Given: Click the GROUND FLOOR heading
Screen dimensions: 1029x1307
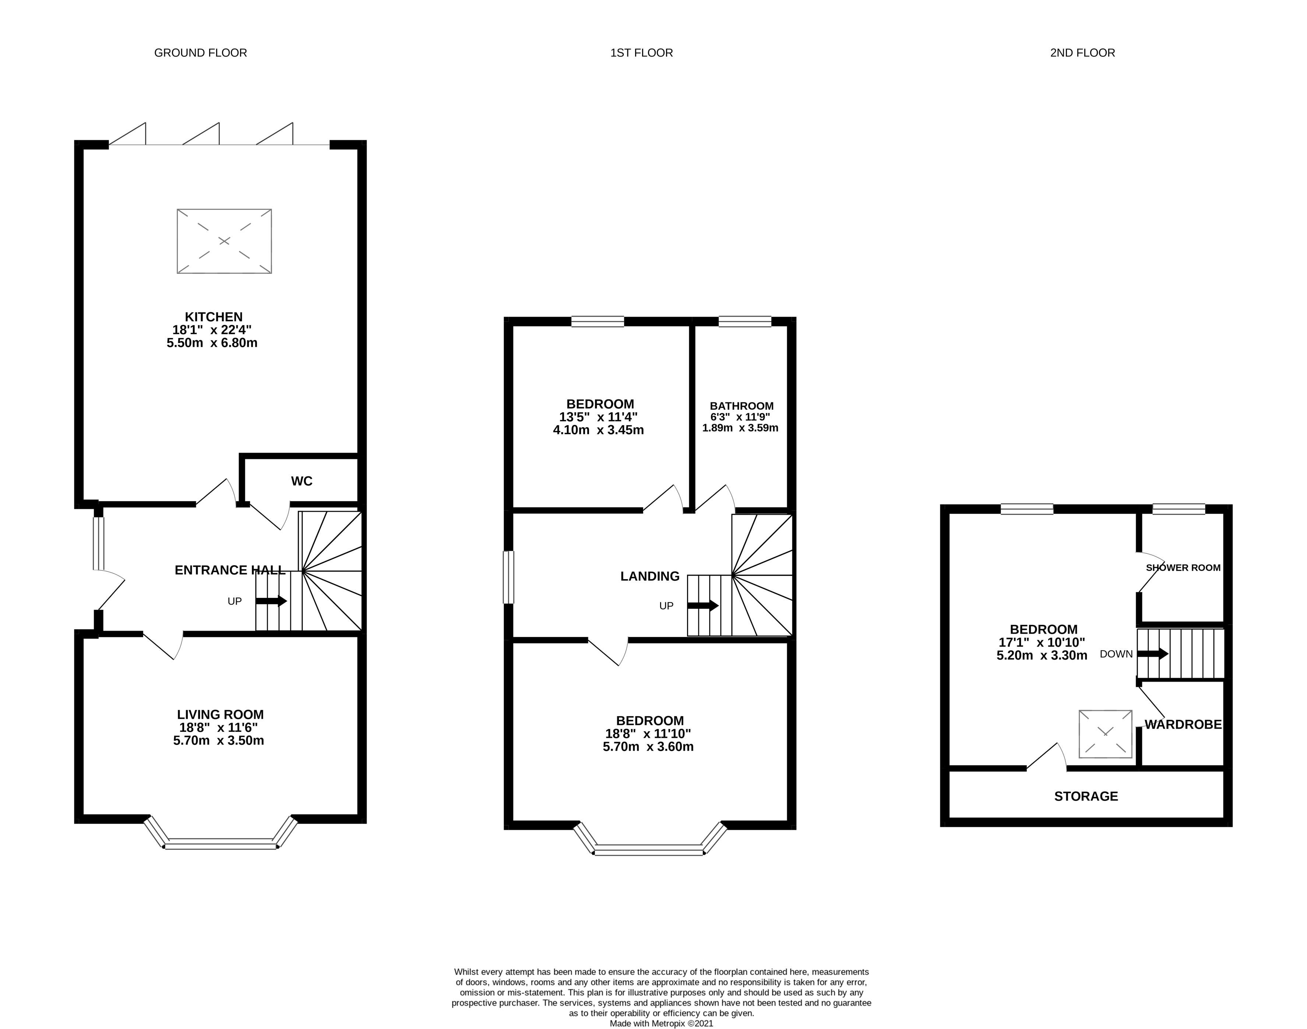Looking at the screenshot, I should click(x=201, y=53).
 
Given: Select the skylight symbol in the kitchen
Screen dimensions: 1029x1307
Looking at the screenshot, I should click(x=224, y=241).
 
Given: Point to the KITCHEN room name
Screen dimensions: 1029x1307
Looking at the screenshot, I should click(x=213, y=317).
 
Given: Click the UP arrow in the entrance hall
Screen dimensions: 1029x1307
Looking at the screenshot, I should click(x=271, y=601).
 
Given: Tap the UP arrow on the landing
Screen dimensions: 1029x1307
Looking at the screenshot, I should click(x=703, y=606).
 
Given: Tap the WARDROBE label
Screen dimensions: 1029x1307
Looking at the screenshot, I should click(x=1182, y=725).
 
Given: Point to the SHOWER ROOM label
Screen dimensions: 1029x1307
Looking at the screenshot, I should click(x=1182, y=568).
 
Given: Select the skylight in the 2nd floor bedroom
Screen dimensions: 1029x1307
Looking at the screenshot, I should click(x=1105, y=734).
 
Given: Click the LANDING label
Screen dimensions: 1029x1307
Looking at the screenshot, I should click(x=649, y=577).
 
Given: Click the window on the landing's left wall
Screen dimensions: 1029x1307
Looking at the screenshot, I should click(x=508, y=577).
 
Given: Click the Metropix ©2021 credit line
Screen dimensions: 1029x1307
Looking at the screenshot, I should click(x=661, y=1023).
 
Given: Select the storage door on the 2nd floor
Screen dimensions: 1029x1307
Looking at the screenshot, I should click(x=1047, y=757).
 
